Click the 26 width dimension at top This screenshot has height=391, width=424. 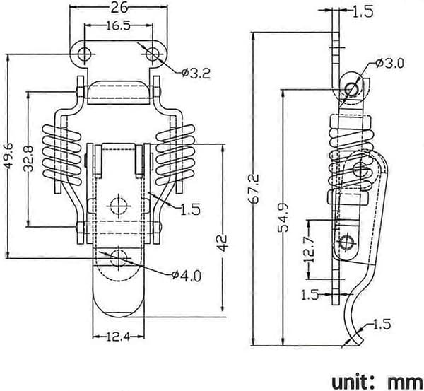tap(119, 7)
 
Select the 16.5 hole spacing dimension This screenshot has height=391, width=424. tap(118, 26)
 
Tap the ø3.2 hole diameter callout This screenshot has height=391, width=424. tap(196, 73)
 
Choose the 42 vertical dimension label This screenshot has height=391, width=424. tap(223, 243)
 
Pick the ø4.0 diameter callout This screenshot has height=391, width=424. tap(187, 276)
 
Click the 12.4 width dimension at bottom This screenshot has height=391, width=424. tap(118, 337)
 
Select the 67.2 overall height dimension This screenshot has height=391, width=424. tap(255, 188)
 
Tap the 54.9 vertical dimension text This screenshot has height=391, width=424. tap(283, 218)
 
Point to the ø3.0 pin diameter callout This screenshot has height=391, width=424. tap(389, 64)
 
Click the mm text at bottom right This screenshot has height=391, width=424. tap(405, 383)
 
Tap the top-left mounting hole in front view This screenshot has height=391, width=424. tap(84, 54)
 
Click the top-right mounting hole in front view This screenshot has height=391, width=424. tap(153, 54)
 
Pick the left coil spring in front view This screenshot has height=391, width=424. tap(62, 155)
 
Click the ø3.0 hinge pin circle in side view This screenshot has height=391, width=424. tap(352, 88)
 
